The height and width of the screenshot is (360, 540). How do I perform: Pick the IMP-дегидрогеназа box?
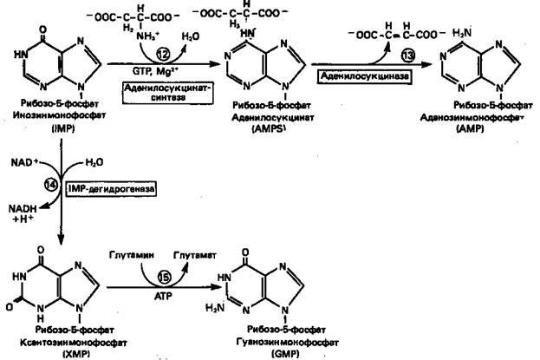point(113,187)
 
